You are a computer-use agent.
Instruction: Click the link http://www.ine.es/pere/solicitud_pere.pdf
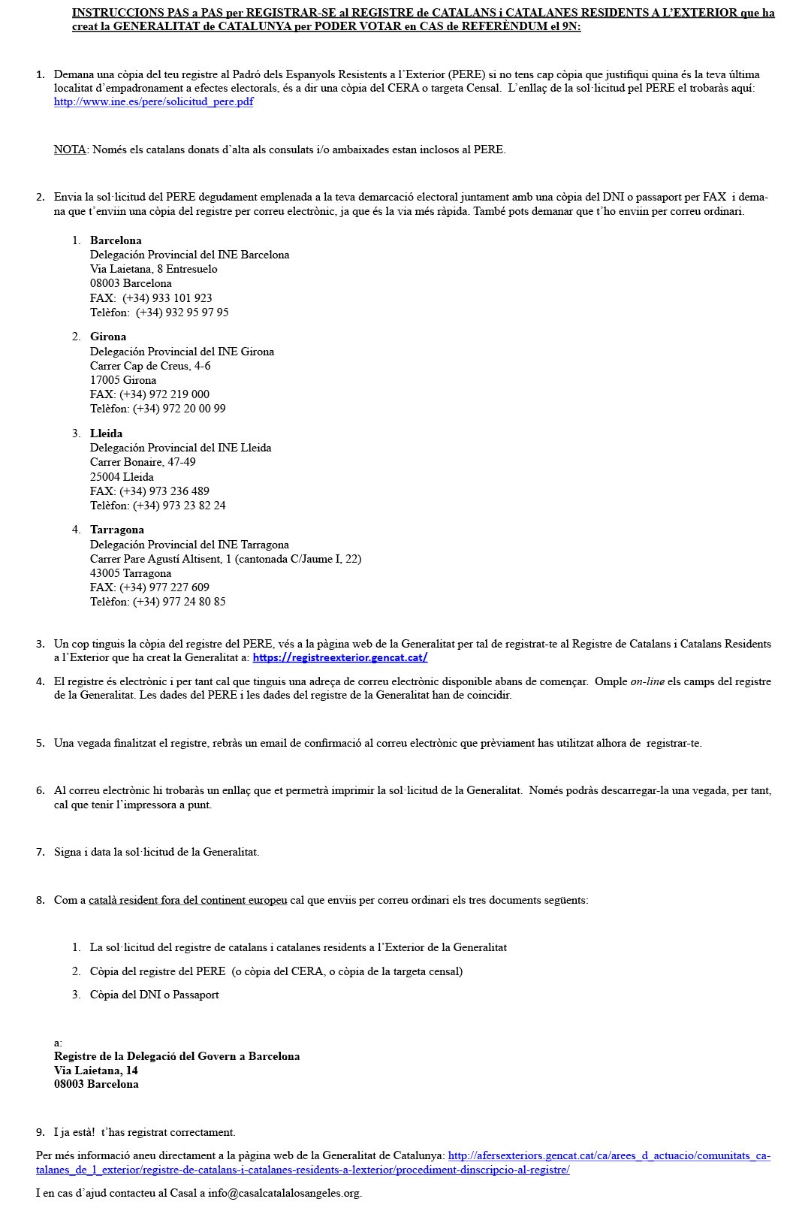pyautogui.click(x=153, y=102)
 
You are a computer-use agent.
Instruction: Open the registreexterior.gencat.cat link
pyautogui.click(x=339, y=658)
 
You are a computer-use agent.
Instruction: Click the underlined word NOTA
pyautogui.click(x=70, y=149)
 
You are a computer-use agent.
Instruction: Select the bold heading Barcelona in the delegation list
pyautogui.click(x=116, y=241)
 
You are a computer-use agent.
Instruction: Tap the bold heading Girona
pyautogui.click(x=108, y=337)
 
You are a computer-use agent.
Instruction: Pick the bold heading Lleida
pyautogui.click(x=106, y=433)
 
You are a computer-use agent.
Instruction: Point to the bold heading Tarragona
pyautogui.click(x=117, y=530)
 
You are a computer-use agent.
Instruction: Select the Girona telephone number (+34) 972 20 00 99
pyautogui.click(x=179, y=409)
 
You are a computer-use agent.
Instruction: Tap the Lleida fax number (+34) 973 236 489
pyautogui.click(x=164, y=491)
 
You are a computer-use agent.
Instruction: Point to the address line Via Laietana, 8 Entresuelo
pyautogui.click(x=154, y=269)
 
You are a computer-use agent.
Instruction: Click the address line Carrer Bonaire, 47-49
pyautogui.click(x=143, y=462)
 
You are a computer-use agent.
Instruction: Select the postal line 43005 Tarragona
pyautogui.click(x=131, y=573)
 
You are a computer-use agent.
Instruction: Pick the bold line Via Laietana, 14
pyautogui.click(x=96, y=1070)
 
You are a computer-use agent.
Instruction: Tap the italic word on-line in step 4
pyautogui.click(x=647, y=681)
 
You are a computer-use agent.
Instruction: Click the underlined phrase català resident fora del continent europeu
pyautogui.click(x=188, y=900)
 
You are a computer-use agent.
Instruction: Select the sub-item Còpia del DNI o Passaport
pyautogui.click(x=155, y=995)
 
